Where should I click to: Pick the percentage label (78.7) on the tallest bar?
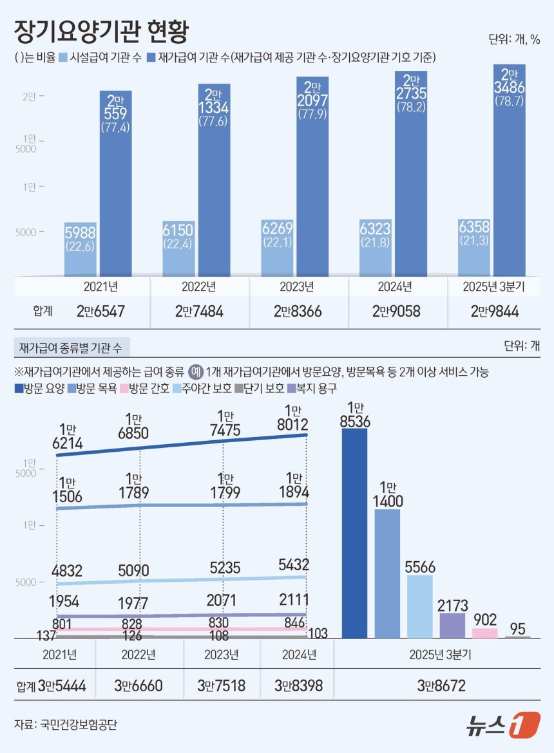509,101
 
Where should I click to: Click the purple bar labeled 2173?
452,625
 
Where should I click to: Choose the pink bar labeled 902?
484,633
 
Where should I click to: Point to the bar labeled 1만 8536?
354,534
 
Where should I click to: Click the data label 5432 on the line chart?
294,565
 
